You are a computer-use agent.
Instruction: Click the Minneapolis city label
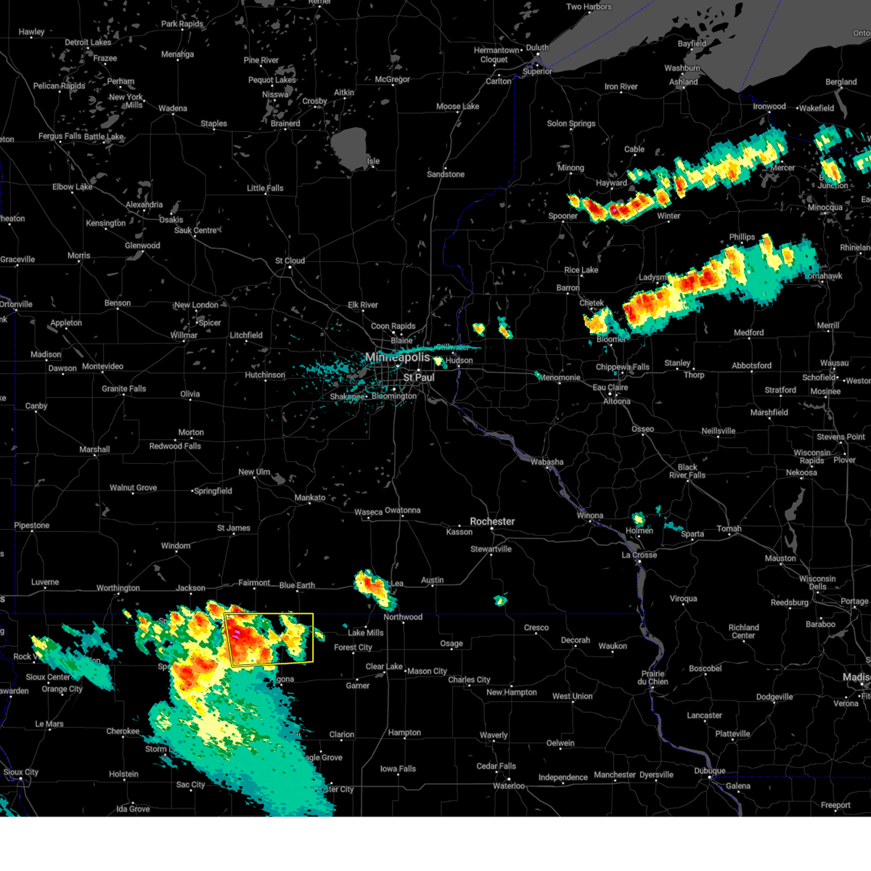[398, 357]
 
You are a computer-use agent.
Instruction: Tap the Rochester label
[492, 521]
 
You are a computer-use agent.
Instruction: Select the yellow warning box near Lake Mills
[269, 639]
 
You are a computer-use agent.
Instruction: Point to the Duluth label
[537, 48]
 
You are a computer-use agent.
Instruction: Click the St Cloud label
[290, 261]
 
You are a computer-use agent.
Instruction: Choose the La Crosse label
[639, 555]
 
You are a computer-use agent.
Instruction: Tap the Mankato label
[310, 497]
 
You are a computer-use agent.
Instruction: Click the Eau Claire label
[610, 387]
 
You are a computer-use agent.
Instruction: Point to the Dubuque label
[709, 771]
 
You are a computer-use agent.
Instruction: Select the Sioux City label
[21, 772]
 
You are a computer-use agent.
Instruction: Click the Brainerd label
[285, 123]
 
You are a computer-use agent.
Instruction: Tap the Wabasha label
[547, 462]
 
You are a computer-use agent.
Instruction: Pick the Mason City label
[427, 671]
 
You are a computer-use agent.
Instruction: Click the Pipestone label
[32, 526]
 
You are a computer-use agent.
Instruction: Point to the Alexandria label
[144, 205]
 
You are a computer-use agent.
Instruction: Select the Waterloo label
[509, 786]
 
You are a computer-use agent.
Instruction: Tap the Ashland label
[683, 82]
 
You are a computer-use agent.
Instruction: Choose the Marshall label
[94, 449]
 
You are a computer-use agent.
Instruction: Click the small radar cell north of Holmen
[638, 518]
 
